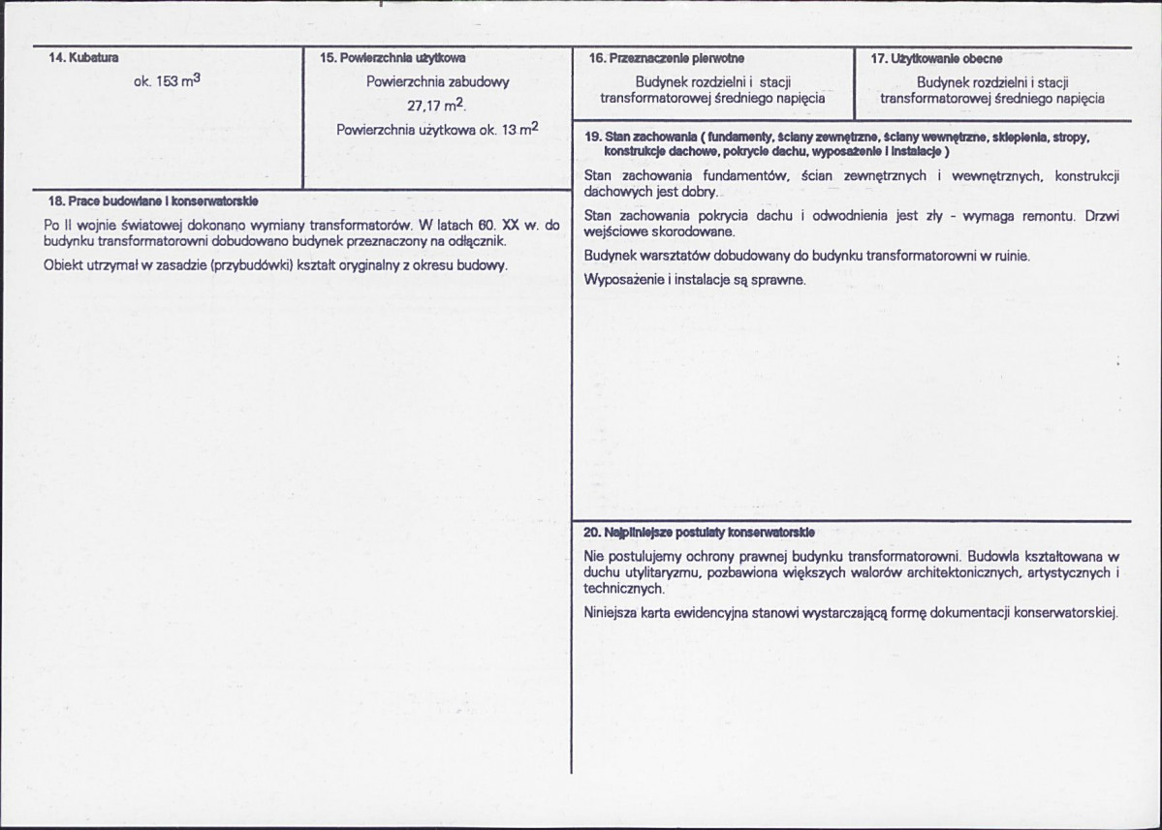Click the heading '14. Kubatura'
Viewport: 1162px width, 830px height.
point(84,58)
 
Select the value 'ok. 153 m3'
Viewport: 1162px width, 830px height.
point(167,83)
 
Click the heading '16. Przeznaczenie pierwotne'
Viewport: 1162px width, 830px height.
point(666,59)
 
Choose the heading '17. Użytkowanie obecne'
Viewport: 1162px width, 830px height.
point(935,59)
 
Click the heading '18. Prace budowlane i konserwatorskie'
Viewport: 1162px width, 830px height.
point(153,201)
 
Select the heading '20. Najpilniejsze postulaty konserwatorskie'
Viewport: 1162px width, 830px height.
point(699,533)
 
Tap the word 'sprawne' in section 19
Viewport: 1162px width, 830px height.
point(776,280)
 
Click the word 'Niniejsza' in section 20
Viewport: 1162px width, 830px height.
point(611,613)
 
